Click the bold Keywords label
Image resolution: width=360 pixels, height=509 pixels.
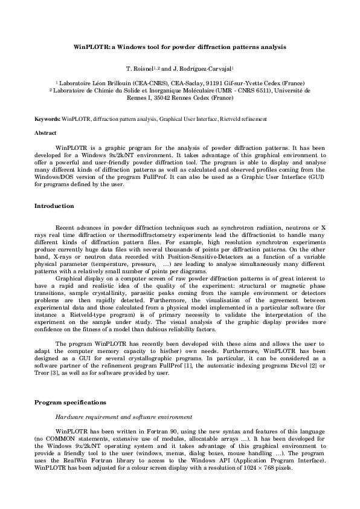pyautogui.click(x=47, y=120)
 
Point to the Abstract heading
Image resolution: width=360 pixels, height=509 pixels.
pyautogui.click(x=45, y=132)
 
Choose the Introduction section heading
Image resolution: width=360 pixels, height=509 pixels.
pyautogui.click(x=54, y=206)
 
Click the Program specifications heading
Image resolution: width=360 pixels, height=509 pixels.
pyautogui.click(x=71, y=401)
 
